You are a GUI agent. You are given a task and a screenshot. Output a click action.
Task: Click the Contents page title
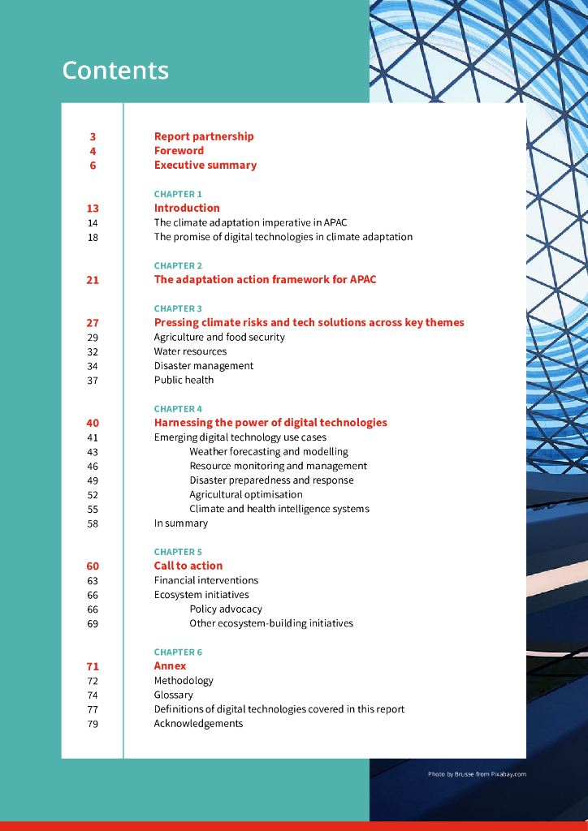pyautogui.click(x=115, y=71)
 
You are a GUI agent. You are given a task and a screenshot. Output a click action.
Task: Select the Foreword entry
pyautogui.click(x=179, y=151)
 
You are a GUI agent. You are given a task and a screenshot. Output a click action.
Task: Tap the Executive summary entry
pyautogui.click(x=205, y=165)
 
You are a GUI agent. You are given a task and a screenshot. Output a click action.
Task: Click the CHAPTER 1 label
pyautogui.click(x=178, y=194)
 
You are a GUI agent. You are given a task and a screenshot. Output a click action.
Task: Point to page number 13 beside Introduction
pyautogui.click(x=93, y=209)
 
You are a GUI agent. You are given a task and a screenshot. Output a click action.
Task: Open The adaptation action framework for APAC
pyautogui.click(x=265, y=280)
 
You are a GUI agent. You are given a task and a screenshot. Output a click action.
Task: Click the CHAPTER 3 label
pyautogui.click(x=178, y=308)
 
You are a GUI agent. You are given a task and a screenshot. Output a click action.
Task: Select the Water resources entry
pyautogui.click(x=190, y=351)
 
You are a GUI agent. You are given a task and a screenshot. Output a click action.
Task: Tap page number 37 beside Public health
pyautogui.click(x=93, y=380)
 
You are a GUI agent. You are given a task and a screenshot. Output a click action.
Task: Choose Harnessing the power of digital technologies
pyautogui.click(x=270, y=423)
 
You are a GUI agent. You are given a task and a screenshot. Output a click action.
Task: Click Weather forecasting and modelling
pyautogui.click(x=269, y=451)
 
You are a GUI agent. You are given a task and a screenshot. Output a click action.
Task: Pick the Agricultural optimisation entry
pyautogui.click(x=246, y=494)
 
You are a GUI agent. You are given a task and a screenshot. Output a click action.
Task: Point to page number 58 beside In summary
pyautogui.click(x=93, y=523)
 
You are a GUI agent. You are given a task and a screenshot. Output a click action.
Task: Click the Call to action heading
pyautogui.click(x=188, y=566)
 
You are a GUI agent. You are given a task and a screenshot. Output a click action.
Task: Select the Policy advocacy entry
pyautogui.click(x=226, y=609)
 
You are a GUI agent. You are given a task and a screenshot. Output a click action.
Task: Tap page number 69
pyautogui.click(x=93, y=623)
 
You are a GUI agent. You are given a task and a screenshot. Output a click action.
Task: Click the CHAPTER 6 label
pyautogui.click(x=178, y=652)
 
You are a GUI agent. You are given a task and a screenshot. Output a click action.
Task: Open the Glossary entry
pyautogui.click(x=173, y=695)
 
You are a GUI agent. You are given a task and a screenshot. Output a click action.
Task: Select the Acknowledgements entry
pyautogui.click(x=198, y=723)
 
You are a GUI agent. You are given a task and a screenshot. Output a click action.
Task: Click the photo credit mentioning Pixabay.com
pyautogui.click(x=477, y=774)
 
